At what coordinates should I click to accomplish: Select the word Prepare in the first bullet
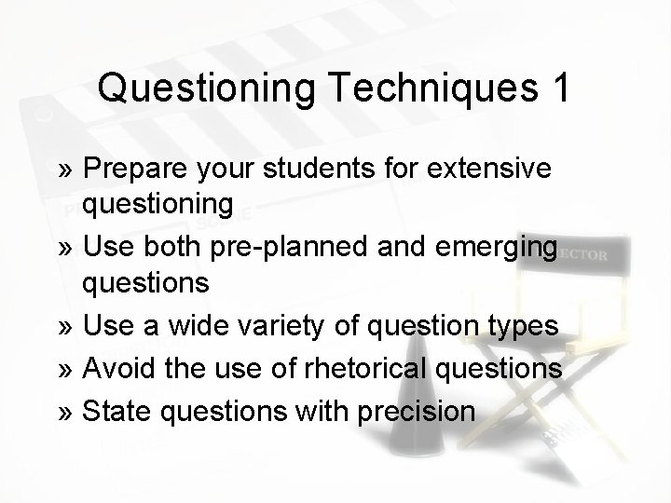coord(135,169)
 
